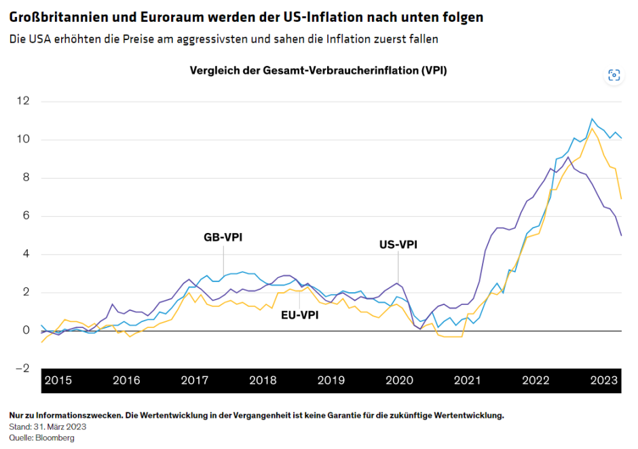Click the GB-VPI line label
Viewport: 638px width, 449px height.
click(223, 238)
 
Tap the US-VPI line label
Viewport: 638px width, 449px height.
click(397, 245)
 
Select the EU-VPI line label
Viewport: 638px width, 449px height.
click(299, 315)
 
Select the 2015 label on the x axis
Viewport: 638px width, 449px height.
click(58, 380)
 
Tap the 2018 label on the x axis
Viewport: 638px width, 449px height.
click(263, 380)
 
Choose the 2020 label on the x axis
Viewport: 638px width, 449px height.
click(399, 380)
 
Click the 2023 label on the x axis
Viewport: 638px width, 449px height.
click(603, 380)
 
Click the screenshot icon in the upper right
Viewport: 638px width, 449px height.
click(614, 75)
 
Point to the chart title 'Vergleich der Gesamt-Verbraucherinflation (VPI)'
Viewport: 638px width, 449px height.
click(318, 71)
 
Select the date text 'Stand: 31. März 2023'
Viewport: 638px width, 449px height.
click(48, 427)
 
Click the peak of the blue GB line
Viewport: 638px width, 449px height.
click(592, 118)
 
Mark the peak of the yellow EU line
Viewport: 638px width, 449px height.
click(592, 128)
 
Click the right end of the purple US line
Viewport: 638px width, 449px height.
click(621, 235)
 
